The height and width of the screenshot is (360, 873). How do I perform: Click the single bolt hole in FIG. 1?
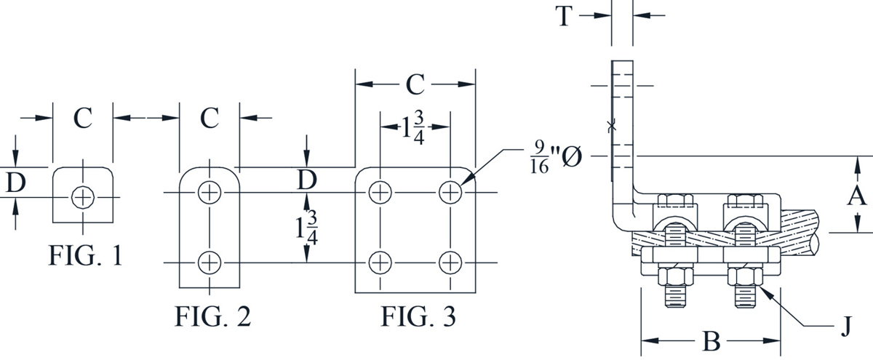[x=83, y=196]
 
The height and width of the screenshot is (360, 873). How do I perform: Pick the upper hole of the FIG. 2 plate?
[x=210, y=193]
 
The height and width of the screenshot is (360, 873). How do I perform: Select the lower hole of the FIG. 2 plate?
[x=210, y=261]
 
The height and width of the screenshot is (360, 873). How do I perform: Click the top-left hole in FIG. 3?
[x=379, y=193]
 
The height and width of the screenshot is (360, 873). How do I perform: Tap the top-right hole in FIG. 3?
[x=451, y=193]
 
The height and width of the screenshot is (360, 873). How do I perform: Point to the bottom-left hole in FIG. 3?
[x=379, y=261]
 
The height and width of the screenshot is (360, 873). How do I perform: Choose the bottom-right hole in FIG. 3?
[x=451, y=261]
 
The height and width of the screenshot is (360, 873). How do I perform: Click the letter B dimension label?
[x=710, y=340]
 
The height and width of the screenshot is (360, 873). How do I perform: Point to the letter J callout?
[x=845, y=329]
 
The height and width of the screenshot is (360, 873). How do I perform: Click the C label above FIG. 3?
[x=415, y=85]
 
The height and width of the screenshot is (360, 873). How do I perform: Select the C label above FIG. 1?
[x=83, y=119]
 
